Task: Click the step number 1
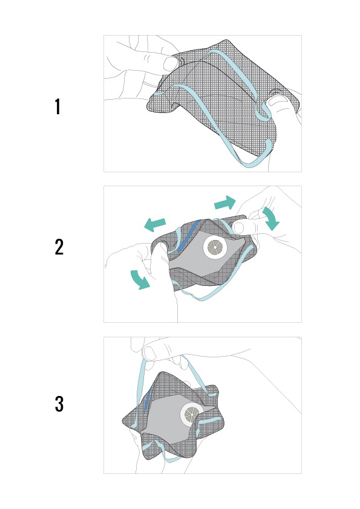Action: click(x=57, y=107)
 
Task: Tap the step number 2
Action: click(x=59, y=247)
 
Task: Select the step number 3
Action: click(x=59, y=404)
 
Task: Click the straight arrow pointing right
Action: click(x=225, y=203)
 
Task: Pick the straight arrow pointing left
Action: click(x=155, y=225)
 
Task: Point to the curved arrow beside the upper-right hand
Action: click(x=272, y=218)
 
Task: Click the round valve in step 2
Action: click(x=214, y=248)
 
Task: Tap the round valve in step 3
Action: click(x=191, y=414)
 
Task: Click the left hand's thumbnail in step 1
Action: click(x=170, y=64)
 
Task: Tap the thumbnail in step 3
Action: click(x=149, y=354)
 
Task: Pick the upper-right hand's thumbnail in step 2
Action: click(x=239, y=228)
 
